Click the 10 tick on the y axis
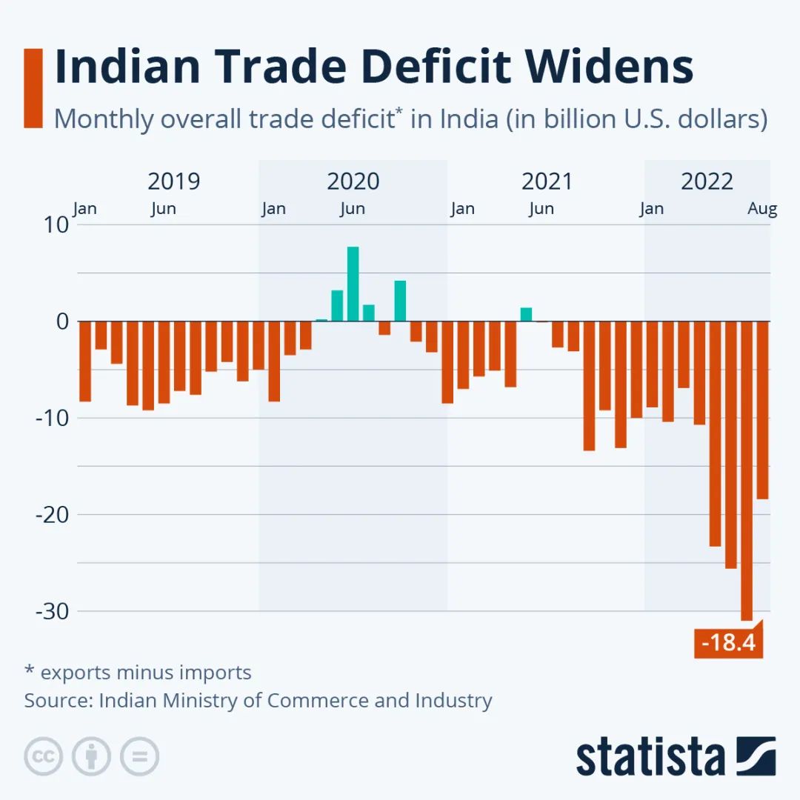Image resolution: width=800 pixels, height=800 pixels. tap(58, 225)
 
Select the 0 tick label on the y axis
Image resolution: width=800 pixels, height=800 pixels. tap(61, 321)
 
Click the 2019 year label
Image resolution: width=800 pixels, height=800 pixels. tap(173, 181)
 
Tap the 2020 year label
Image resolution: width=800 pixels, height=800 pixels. tap(353, 181)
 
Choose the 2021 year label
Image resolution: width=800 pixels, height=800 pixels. tap(547, 181)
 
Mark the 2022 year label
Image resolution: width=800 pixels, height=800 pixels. tap(707, 181)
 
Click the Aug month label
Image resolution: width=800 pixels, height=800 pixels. tap(762, 209)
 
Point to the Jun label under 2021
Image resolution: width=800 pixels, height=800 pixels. tap(541, 209)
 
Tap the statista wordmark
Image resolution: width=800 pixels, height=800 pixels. tap(650, 756)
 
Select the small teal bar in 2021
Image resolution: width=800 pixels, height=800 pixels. tap(526, 315)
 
